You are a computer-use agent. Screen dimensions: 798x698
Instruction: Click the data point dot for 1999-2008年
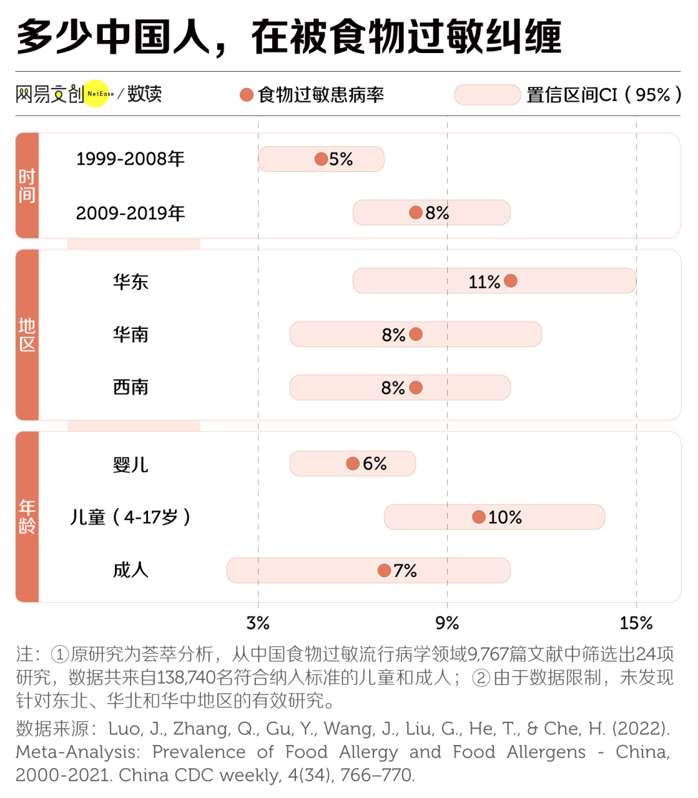pyautogui.click(x=321, y=159)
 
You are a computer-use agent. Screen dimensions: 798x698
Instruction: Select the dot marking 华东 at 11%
pyautogui.click(x=511, y=280)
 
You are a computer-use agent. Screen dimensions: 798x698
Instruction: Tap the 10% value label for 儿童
pyautogui.click(x=505, y=517)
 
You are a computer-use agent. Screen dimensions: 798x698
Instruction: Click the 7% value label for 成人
pyautogui.click(x=405, y=571)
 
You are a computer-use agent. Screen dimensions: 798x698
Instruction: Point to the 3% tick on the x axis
pyautogui.click(x=258, y=623)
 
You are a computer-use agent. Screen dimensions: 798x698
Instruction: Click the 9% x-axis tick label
pyautogui.click(x=447, y=623)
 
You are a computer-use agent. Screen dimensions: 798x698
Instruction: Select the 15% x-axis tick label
pyautogui.click(x=636, y=623)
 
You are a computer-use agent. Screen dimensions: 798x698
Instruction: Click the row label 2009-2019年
pyautogui.click(x=131, y=213)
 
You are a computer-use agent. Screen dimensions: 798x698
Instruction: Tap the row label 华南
pyautogui.click(x=131, y=334)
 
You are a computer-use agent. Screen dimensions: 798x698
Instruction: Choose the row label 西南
pyautogui.click(x=131, y=387)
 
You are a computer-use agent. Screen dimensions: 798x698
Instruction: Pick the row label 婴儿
pyautogui.click(x=131, y=464)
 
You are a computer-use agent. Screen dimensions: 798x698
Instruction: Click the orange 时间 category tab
pyautogui.click(x=27, y=185)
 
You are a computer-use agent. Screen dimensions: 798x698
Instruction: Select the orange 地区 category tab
pyautogui.click(x=27, y=335)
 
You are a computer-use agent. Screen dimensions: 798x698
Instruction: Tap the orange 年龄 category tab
pyautogui.click(x=27, y=516)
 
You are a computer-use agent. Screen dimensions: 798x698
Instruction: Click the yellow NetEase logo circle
pyautogui.click(x=98, y=94)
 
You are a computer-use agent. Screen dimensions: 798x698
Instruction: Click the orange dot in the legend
pyautogui.click(x=246, y=95)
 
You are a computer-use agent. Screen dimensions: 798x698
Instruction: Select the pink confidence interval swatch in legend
pyautogui.click(x=487, y=95)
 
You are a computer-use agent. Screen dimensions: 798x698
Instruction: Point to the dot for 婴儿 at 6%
pyautogui.click(x=353, y=463)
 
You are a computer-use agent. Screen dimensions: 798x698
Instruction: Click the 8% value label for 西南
pyautogui.click(x=393, y=388)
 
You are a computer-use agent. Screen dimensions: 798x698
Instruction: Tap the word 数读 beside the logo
pyautogui.click(x=145, y=94)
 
